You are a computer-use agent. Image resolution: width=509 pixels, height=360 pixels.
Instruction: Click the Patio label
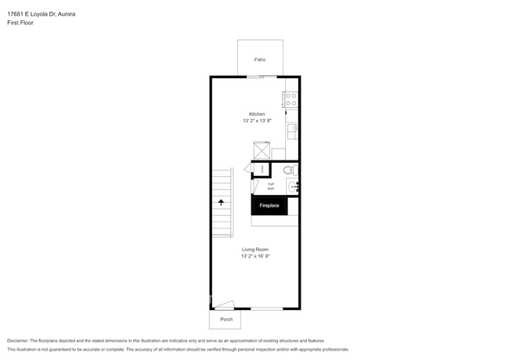(x=259, y=59)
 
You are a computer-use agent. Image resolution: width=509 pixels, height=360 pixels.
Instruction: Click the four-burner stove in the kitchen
(x=291, y=99)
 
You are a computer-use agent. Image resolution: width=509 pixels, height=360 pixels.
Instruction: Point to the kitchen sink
(x=292, y=129)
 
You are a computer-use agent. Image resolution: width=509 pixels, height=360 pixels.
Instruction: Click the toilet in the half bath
(x=288, y=170)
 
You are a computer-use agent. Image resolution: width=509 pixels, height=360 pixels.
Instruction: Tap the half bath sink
(x=293, y=186)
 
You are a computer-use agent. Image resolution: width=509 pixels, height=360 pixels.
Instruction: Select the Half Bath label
(x=271, y=186)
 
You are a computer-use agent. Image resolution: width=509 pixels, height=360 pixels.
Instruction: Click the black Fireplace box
(x=269, y=205)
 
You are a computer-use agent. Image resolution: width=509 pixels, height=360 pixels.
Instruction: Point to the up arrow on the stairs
(x=222, y=202)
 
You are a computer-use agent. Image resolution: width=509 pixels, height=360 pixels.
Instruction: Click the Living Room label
(x=255, y=249)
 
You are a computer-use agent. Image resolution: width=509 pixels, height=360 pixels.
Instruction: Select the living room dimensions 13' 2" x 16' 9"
(x=255, y=256)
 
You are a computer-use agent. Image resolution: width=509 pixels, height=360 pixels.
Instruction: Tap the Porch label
(x=226, y=319)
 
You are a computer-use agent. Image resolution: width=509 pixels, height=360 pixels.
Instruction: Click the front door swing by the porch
(x=225, y=305)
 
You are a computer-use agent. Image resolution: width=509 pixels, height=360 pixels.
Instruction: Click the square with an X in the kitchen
(x=261, y=150)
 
